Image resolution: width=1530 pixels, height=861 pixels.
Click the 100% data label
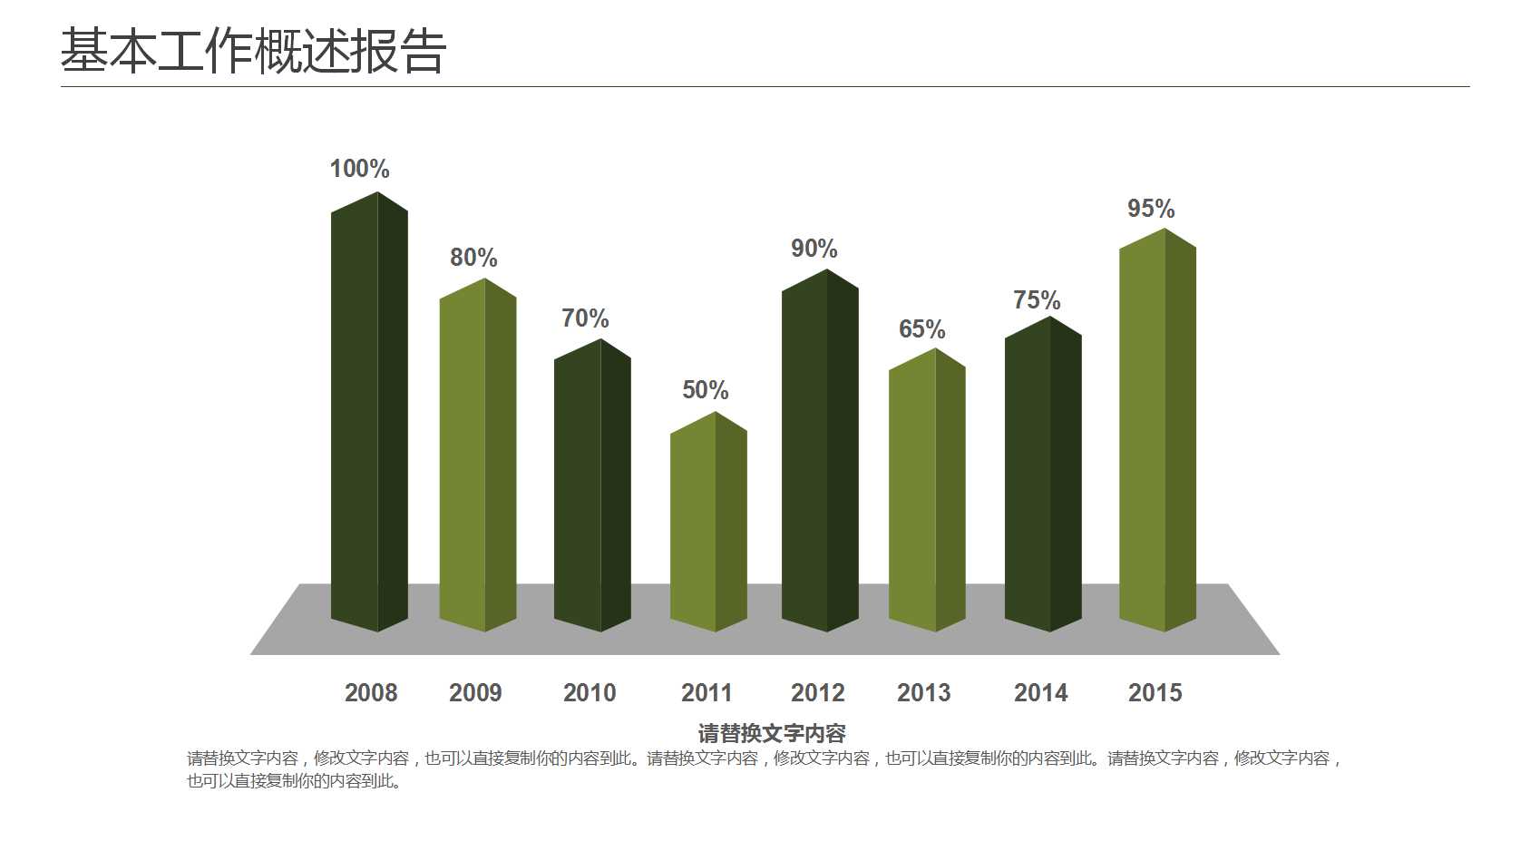tap(359, 169)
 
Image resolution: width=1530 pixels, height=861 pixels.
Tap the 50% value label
tap(705, 390)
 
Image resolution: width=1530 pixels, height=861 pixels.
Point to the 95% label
tap(1150, 209)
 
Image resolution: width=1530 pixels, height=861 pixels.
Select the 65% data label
tap(921, 329)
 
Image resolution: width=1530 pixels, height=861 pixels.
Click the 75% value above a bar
tap(1036, 300)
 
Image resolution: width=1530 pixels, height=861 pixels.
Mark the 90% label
tap(814, 249)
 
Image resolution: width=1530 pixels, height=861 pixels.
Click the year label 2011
tap(706, 693)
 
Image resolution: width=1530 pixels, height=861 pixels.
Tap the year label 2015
tap(1155, 693)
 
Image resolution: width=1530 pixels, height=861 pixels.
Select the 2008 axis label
tap(370, 693)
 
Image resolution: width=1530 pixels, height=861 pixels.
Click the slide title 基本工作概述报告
tap(253, 51)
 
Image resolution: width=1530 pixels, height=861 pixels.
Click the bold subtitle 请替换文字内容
tap(771, 733)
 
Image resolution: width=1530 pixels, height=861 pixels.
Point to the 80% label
tap(473, 258)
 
